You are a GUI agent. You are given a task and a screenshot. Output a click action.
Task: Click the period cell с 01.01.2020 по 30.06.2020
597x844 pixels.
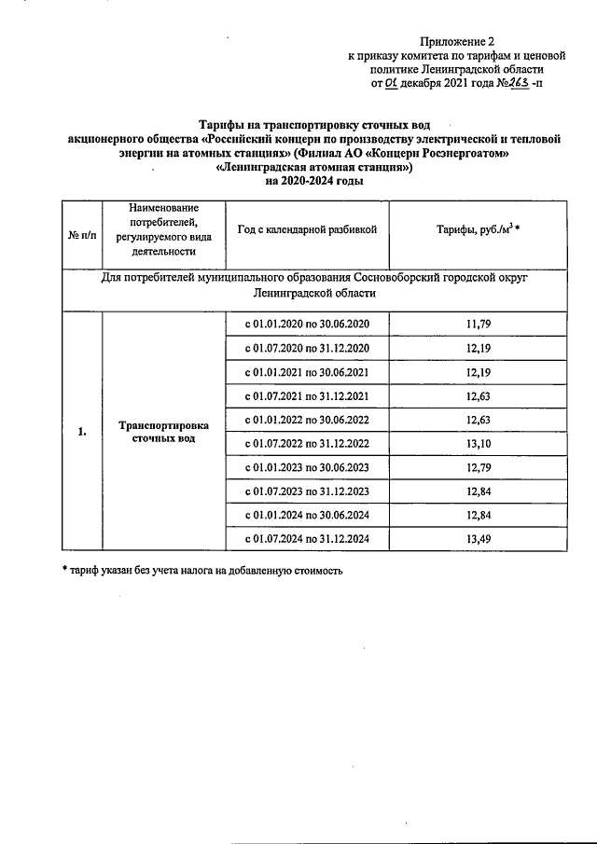[x=307, y=324]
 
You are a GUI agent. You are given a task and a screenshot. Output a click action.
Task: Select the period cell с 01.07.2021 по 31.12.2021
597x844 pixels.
[x=307, y=395]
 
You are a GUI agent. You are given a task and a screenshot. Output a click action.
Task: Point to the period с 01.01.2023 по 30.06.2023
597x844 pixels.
[x=307, y=467]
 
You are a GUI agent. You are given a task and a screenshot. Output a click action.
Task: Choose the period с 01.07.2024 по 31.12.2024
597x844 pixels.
[x=307, y=539]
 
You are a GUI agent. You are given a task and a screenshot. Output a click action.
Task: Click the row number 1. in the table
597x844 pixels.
[x=82, y=432]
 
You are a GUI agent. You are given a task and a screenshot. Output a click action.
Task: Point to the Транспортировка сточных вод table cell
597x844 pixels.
[x=164, y=432]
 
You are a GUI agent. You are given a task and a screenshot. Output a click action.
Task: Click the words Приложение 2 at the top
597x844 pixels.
[x=456, y=41]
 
